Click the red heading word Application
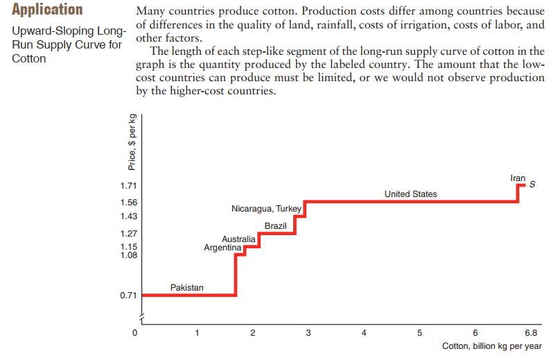(48, 10)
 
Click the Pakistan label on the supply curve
(187, 287)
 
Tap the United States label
(410, 194)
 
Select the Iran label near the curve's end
(518, 178)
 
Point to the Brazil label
(276, 227)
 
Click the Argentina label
(222, 248)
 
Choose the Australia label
(238, 239)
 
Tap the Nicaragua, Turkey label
(265, 209)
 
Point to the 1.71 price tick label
(128, 186)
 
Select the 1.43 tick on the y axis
(128, 216)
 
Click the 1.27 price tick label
(128, 233)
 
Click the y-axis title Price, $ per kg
(132, 142)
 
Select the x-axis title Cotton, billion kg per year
(491, 346)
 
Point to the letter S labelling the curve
(532, 185)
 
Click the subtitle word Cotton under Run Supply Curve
(29, 58)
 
